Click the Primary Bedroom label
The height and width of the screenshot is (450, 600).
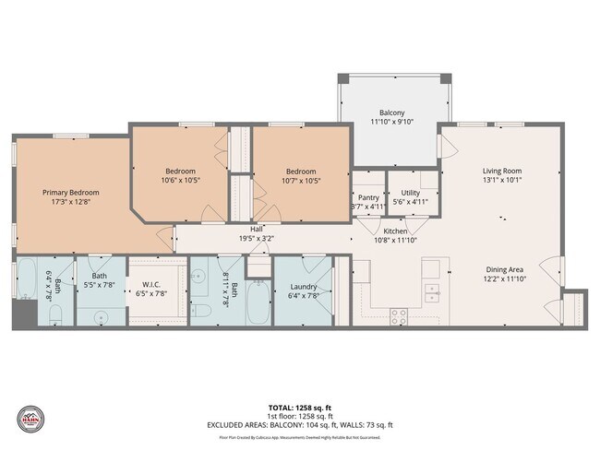[71, 193]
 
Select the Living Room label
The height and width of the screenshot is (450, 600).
[503, 171]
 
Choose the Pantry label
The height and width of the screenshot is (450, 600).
[367, 197]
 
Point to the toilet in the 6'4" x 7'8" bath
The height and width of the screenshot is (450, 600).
[53, 315]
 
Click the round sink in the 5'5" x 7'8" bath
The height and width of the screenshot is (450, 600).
[99, 315]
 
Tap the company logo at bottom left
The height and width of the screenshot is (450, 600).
[31, 420]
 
